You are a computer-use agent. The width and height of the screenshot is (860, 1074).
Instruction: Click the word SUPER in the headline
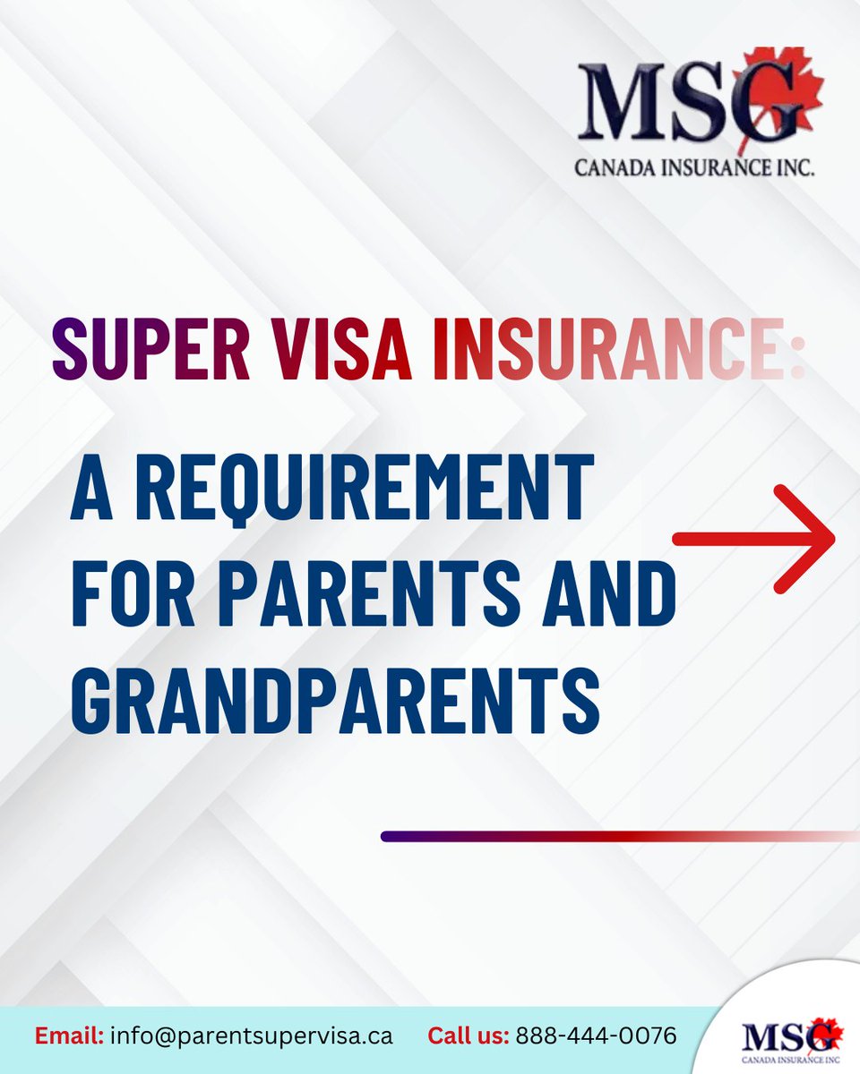(x=151, y=349)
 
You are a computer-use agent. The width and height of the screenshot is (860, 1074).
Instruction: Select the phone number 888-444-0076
(x=597, y=1036)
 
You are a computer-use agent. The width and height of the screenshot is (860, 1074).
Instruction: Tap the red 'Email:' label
(x=70, y=1036)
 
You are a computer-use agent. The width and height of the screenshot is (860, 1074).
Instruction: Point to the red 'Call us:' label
(x=469, y=1036)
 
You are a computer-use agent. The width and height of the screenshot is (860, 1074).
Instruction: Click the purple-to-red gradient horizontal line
(x=618, y=836)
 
